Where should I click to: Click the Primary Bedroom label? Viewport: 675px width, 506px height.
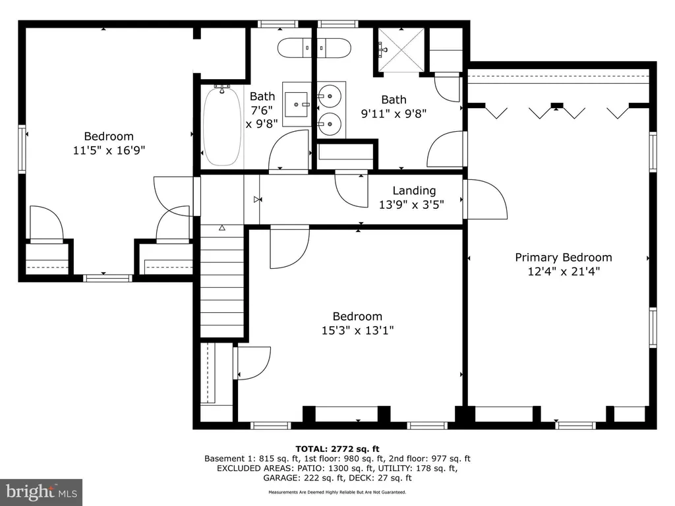pyautogui.click(x=564, y=258)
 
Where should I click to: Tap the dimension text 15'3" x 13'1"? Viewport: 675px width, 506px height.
pyautogui.click(x=358, y=331)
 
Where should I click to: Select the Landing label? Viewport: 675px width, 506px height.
pyautogui.click(x=414, y=190)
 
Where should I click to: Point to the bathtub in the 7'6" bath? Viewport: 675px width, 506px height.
pyautogui.click(x=221, y=126)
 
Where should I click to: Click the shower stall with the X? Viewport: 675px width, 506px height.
pyautogui.click(x=401, y=50)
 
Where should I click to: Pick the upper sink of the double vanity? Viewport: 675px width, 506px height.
pyautogui.click(x=330, y=96)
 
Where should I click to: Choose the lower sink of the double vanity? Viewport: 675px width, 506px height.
pyautogui.click(x=330, y=124)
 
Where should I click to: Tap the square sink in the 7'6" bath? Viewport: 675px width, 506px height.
pyautogui.click(x=297, y=105)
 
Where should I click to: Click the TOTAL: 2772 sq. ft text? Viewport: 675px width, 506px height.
pyautogui.click(x=337, y=449)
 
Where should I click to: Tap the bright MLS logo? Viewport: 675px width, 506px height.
pyautogui.click(x=42, y=492)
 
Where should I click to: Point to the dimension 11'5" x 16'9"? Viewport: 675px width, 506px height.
pyautogui.click(x=109, y=151)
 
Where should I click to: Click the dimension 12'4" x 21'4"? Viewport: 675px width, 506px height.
pyautogui.click(x=564, y=271)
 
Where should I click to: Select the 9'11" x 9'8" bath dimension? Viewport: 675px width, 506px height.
pyautogui.click(x=394, y=113)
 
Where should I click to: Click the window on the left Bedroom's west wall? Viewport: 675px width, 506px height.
pyautogui.click(x=22, y=149)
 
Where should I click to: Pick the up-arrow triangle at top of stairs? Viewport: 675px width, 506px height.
pyautogui.click(x=222, y=227)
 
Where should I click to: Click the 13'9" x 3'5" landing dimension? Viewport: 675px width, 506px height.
pyautogui.click(x=411, y=204)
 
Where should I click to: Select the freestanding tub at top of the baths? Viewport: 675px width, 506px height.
pyautogui.click(x=314, y=48)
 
